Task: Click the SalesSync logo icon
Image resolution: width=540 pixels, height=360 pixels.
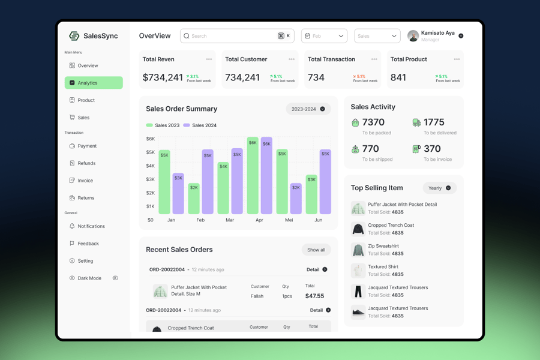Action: [x=74, y=36]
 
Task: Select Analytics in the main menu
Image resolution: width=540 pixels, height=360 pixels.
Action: [x=94, y=83]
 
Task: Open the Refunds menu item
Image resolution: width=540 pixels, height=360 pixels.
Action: [x=86, y=163]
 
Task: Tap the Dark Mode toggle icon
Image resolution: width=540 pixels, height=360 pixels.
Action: [x=115, y=278]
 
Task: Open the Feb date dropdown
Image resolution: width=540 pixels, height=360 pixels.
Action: [x=324, y=36]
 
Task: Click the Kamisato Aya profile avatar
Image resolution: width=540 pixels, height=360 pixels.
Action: [x=413, y=36]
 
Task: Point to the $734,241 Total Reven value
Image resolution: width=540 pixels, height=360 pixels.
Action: [x=163, y=77]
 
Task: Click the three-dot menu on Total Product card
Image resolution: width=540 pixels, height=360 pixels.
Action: [x=457, y=59]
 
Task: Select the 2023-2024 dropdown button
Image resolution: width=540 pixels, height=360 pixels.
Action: [x=308, y=109]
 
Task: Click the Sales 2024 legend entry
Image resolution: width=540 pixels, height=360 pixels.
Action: [x=200, y=125]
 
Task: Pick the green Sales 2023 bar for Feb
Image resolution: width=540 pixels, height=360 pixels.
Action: [x=194, y=199]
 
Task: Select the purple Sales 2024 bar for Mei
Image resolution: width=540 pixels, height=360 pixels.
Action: [x=296, y=199]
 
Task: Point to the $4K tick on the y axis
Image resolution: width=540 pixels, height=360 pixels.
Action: [x=151, y=166]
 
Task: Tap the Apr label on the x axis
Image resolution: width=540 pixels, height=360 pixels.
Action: [x=259, y=220]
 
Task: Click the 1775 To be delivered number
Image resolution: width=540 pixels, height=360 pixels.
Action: [x=434, y=122]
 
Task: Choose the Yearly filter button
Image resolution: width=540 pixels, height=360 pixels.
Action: [x=440, y=188]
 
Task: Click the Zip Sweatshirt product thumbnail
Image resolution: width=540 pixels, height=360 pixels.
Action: [x=358, y=250]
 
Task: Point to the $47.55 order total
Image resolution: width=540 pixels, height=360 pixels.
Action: [x=314, y=296]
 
